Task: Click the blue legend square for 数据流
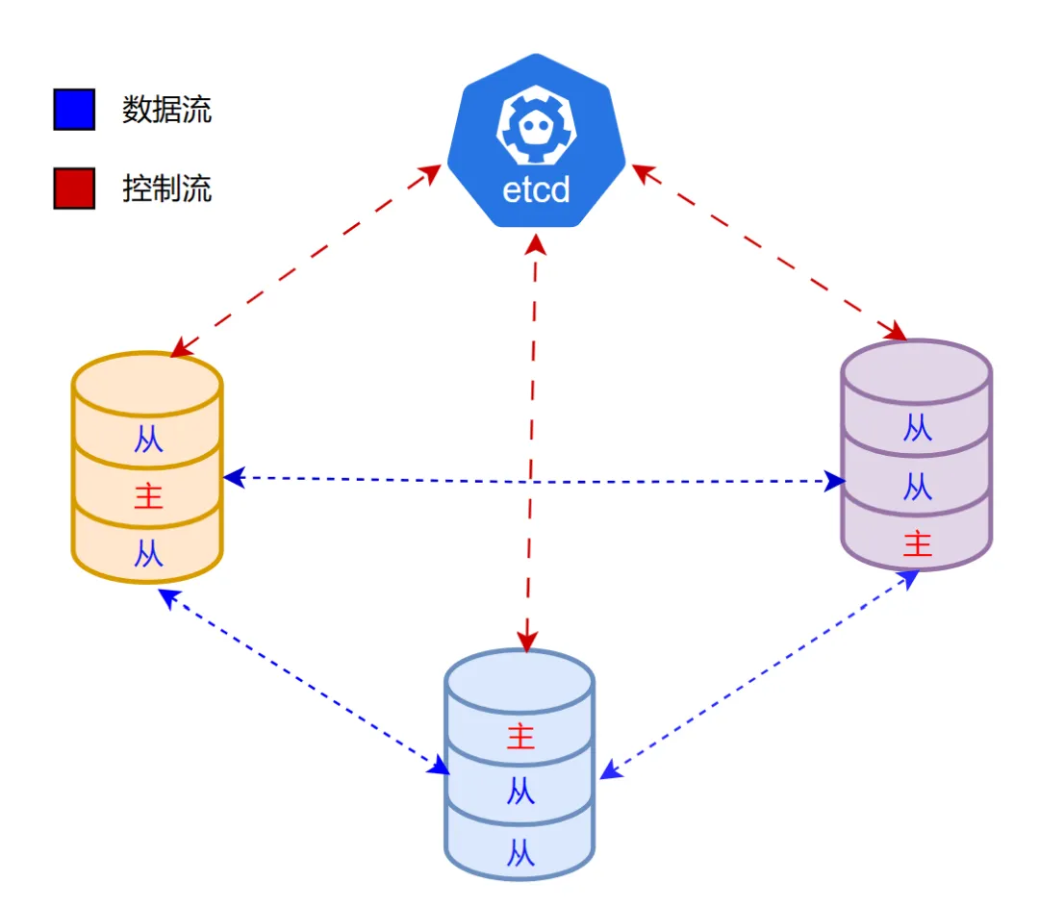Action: [74, 110]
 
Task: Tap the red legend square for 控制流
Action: [74, 189]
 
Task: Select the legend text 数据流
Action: [167, 110]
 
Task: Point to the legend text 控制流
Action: [167, 189]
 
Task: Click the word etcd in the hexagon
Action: [536, 190]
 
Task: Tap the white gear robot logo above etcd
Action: [536, 125]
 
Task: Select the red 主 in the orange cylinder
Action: [148, 496]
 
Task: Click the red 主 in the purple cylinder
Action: [918, 543]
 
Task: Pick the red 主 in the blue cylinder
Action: [520, 737]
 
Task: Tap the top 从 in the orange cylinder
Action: [148, 440]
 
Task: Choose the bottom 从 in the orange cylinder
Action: [148, 553]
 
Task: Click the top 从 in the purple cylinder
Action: [918, 428]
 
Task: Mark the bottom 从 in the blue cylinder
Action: [520, 853]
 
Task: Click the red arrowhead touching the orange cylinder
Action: [182, 347]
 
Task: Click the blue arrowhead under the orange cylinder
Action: [169, 598]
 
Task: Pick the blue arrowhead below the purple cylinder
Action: [908, 579]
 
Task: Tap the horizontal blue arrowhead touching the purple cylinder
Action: [835, 481]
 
